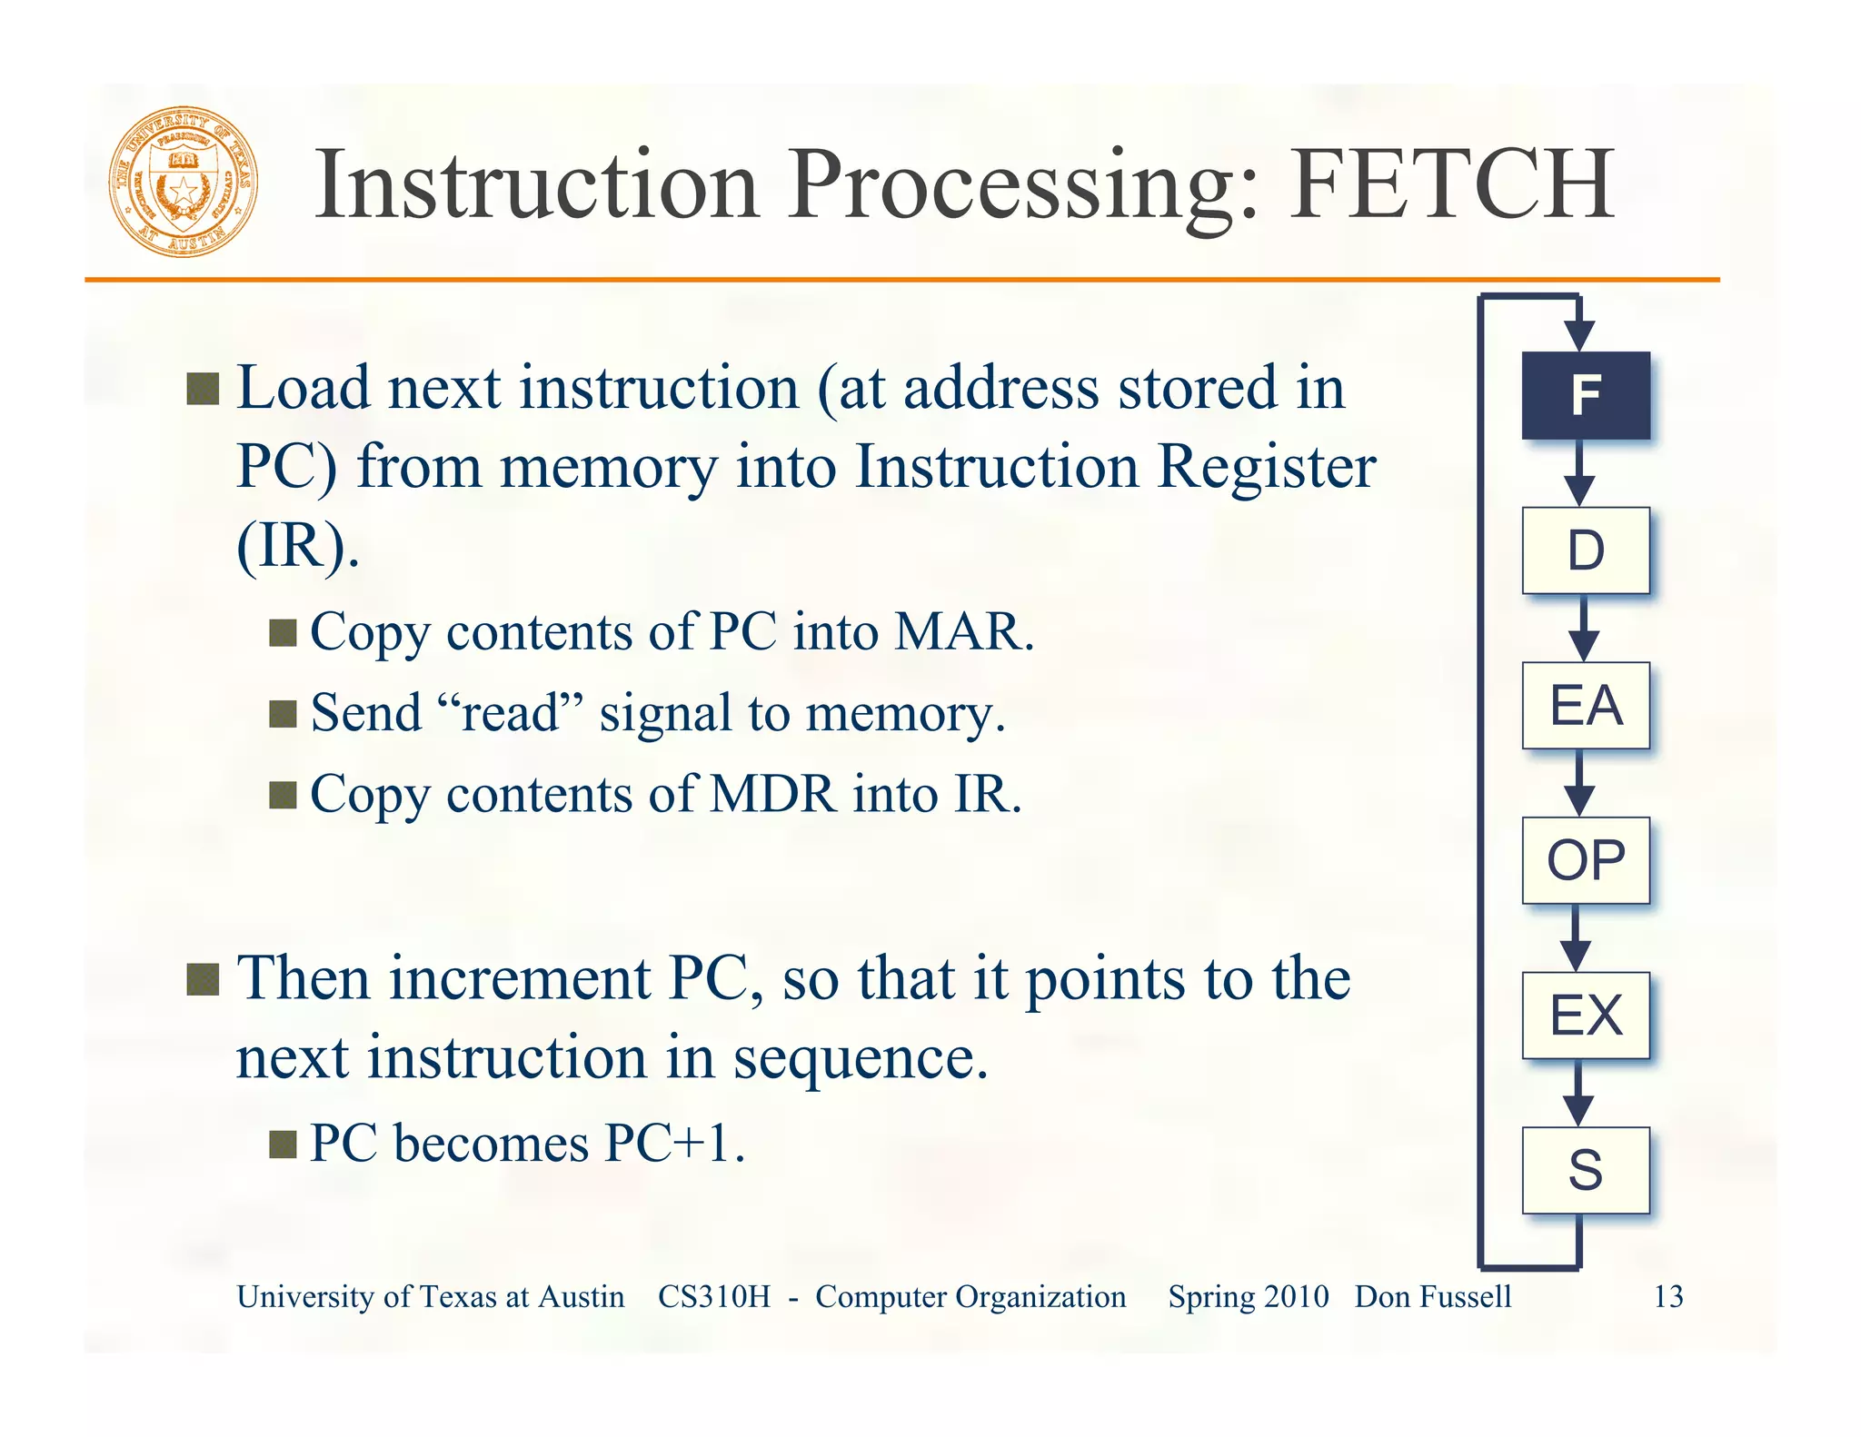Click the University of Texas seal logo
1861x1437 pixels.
pos(184,183)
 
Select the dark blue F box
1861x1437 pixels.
pos(1586,396)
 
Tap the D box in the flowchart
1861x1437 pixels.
pos(1586,550)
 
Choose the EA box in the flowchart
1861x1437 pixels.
pos(1586,706)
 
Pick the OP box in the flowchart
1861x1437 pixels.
pos(1586,860)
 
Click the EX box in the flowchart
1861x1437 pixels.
pos(1586,1016)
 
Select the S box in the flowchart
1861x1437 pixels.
pos(1586,1170)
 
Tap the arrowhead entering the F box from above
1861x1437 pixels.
pos(1579,334)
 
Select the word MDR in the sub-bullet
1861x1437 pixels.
pos(772,794)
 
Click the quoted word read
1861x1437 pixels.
pos(510,712)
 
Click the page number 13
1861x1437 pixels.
pos(1667,1296)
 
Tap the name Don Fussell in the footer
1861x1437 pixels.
pos(1433,1296)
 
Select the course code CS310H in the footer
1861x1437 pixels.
pos(714,1296)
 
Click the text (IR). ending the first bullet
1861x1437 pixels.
pos(298,546)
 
